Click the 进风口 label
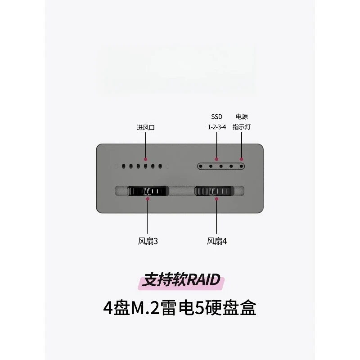click(x=145, y=127)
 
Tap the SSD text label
click(x=216, y=117)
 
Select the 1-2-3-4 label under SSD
click(x=216, y=127)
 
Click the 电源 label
click(x=242, y=117)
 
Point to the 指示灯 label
click(x=242, y=127)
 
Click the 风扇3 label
click(x=148, y=241)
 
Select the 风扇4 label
click(x=216, y=241)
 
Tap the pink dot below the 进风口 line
click(x=145, y=159)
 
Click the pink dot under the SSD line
click(x=216, y=159)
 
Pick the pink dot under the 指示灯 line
click(x=241, y=159)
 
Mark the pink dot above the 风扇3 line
click(x=148, y=198)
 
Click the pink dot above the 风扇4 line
click(x=216, y=198)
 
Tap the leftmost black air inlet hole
click(x=123, y=166)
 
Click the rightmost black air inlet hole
click(x=160, y=166)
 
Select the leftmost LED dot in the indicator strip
click(x=201, y=166)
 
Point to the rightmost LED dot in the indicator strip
click(x=241, y=166)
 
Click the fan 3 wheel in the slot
click(x=148, y=191)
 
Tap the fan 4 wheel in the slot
click(x=214, y=191)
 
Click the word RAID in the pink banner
click(x=203, y=279)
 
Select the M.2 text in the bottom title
click(x=145, y=308)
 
